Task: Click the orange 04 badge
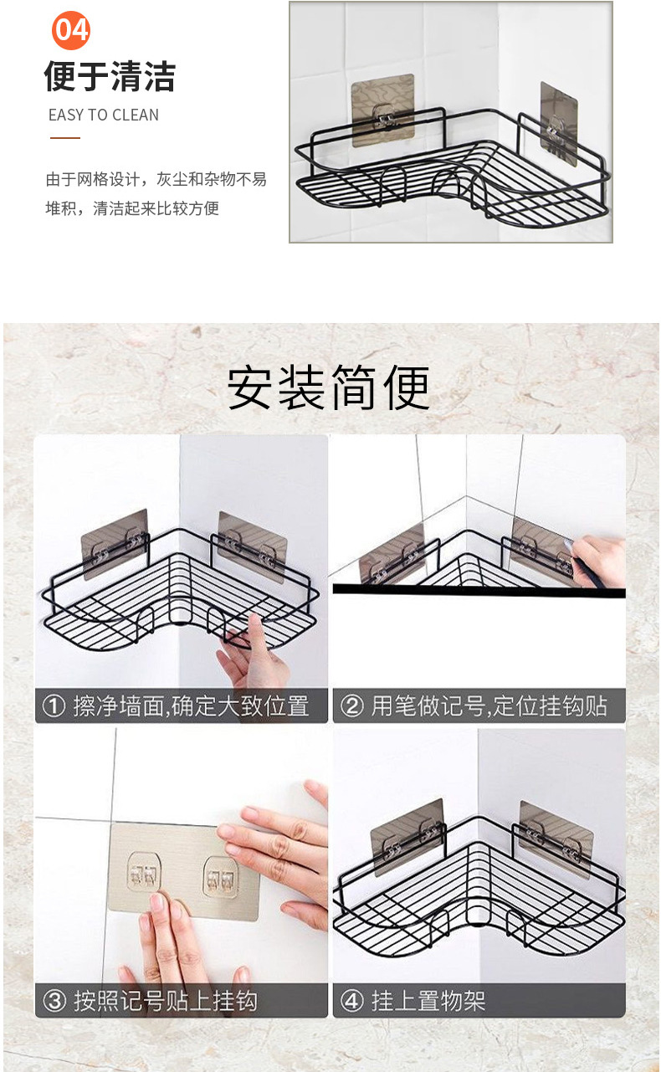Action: click(71, 30)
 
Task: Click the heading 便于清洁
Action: click(110, 76)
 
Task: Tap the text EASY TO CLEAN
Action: click(104, 115)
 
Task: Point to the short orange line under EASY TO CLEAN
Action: click(65, 138)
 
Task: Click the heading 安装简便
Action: click(328, 387)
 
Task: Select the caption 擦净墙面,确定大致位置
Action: click(191, 706)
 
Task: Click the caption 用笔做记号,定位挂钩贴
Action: click(489, 706)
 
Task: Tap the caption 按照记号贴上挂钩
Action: click(165, 1001)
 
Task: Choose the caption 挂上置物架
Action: click(428, 1001)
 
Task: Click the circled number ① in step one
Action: click(54, 706)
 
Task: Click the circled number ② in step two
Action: click(351, 706)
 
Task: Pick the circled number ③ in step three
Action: click(54, 1001)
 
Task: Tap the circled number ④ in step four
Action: click(351, 1001)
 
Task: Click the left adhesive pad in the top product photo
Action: click(382, 110)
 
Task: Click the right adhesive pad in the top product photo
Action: click(559, 123)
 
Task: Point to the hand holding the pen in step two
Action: click(598, 561)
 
